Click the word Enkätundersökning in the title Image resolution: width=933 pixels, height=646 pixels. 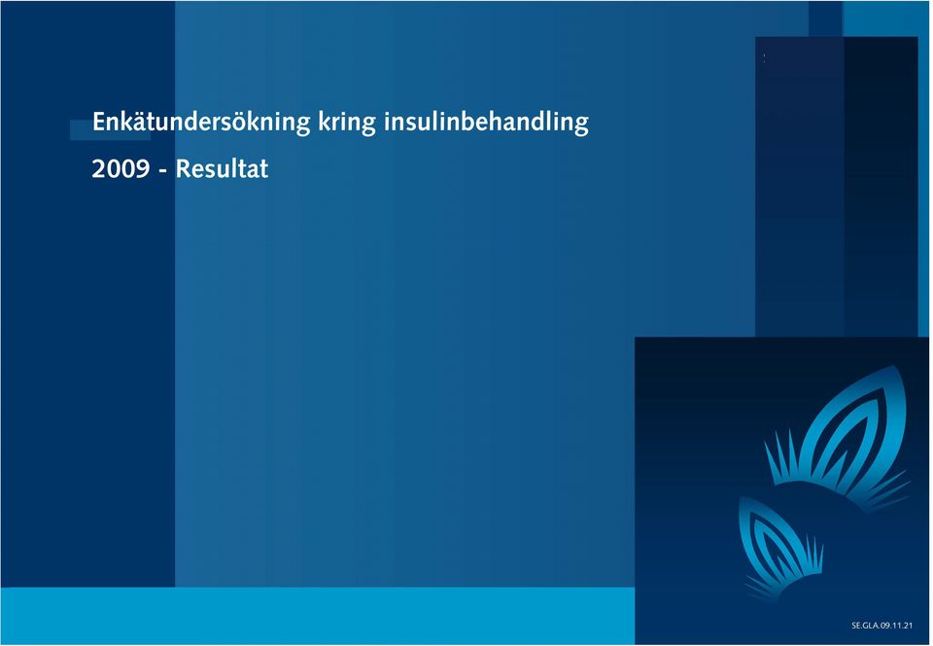click(201, 122)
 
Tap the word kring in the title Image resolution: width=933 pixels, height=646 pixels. click(347, 122)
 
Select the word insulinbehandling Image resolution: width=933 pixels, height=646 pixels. click(486, 122)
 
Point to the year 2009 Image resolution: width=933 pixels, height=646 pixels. click(121, 169)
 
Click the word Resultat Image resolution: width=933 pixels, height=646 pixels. click(222, 169)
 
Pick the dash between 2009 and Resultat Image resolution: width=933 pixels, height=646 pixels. click(162, 171)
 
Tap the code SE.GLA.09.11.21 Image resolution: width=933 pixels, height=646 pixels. click(881, 626)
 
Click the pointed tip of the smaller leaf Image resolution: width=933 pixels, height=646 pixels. click(741, 498)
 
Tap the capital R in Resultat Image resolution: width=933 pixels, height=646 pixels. click(183, 169)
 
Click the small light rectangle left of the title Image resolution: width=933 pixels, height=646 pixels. click(110, 129)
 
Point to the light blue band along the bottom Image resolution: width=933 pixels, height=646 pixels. click(318, 616)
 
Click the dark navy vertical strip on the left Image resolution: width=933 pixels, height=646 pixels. click(87, 357)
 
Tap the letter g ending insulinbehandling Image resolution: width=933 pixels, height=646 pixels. click(581, 126)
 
